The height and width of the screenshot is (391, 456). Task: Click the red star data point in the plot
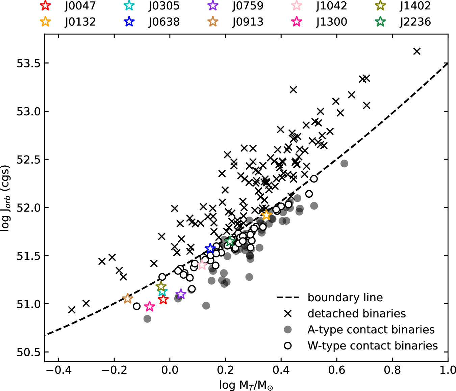pos(163,299)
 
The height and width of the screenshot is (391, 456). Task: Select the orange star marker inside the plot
pos(266,215)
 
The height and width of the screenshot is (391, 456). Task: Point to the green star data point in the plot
pos(230,241)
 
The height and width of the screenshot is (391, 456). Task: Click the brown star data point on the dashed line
pos(128,299)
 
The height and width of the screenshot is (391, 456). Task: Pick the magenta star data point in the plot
pos(150,306)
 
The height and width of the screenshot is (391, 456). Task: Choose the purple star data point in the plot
pos(181,294)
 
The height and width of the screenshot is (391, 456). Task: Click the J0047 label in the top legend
pos(80,5)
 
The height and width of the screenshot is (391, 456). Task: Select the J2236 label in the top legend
pos(415,22)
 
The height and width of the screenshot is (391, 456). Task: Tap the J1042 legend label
pos(331,5)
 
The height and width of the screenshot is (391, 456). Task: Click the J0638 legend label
pos(164,22)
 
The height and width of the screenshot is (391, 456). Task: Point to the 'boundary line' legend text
pos(345,297)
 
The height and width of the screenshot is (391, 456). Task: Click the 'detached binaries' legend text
pos(357,313)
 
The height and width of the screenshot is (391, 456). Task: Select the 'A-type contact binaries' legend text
pos(371,330)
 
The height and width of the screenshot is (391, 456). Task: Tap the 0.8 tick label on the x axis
pos(392,370)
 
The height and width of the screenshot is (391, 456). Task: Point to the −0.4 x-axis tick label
pos(59,370)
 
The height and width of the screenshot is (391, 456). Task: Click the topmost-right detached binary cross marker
pos(417,51)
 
